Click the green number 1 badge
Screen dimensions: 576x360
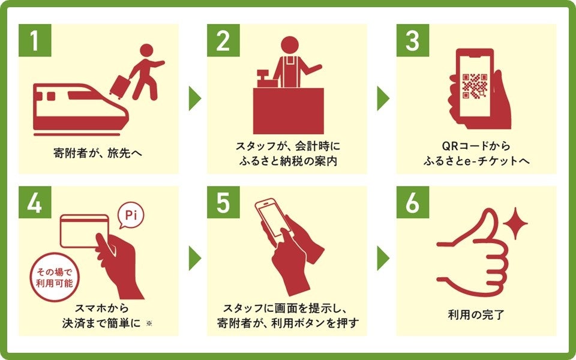pyautogui.click(x=35, y=40)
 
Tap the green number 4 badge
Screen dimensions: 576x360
pyautogui.click(x=35, y=202)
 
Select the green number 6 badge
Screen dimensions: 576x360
pyautogui.click(x=413, y=202)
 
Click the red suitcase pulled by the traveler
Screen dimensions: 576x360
pyautogui.click(x=120, y=86)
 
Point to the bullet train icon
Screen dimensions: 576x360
pyautogui.click(x=81, y=109)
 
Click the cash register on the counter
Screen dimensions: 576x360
pyautogui.click(x=267, y=79)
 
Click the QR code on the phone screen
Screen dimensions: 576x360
pyautogui.click(x=475, y=86)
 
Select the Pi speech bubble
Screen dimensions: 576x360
pyautogui.click(x=131, y=215)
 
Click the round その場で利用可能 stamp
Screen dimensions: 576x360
pyautogui.click(x=55, y=277)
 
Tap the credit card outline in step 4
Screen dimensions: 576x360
pyautogui.click(x=84, y=230)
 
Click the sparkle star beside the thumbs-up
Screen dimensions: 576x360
pyautogui.click(x=515, y=223)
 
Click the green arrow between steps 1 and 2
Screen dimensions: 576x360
pyautogui.click(x=194, y=98)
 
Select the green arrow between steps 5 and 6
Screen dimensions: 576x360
pyautogui.click(x=383, y=258)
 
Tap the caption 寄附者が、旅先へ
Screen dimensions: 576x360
pyautogui.click(x=98, y=153)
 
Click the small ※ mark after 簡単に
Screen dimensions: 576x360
pyautogui.click(x=149, y=323)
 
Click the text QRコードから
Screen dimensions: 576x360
pyautogui.click(x=476, y=146)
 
